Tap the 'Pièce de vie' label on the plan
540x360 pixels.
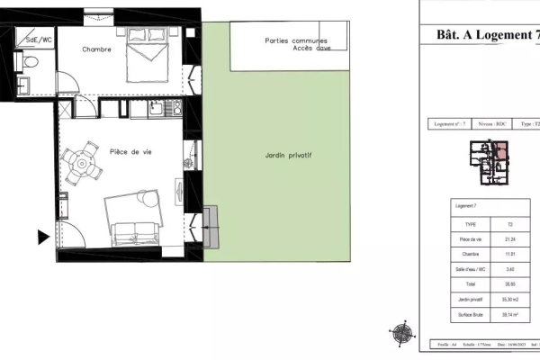[130, 152]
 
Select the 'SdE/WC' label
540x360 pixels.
[39, 40]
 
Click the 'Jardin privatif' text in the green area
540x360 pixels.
[288, 155]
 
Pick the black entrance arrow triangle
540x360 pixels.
[42, 238]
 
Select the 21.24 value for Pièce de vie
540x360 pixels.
[510, 238]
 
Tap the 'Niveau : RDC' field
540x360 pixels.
[488, 125]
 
